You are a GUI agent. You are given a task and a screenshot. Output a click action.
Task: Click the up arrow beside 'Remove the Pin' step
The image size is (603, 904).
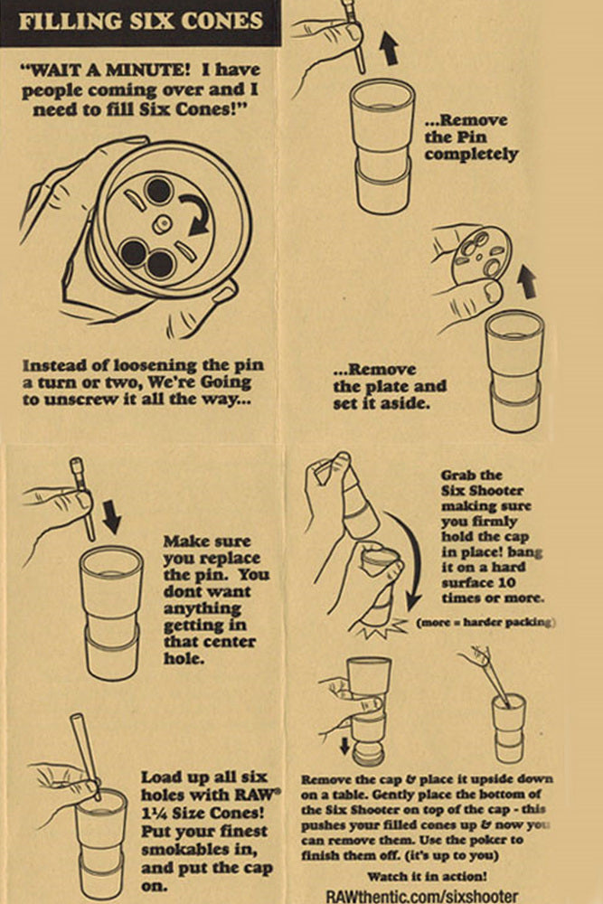389,47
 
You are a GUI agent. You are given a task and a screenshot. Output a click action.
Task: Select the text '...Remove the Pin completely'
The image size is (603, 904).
471,137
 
